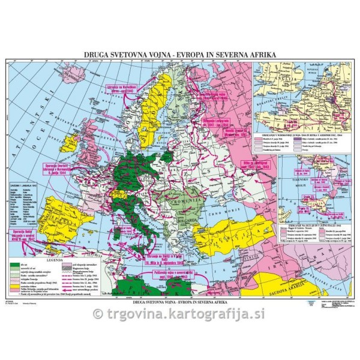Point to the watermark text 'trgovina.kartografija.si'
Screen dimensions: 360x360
coord(180,313)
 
